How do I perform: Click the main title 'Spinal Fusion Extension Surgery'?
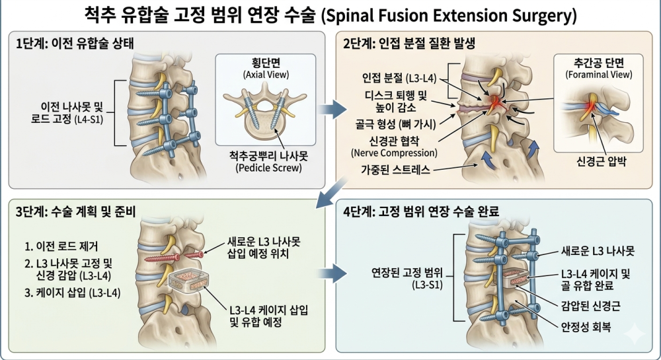pyautogui.click(x=449, y=16)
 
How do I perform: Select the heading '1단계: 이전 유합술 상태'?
pyautogui.click(x=75, y=44)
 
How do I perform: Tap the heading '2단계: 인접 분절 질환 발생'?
pyautogui.click(x=409, y=44)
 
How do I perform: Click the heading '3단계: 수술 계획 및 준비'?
pyautogui.click(x=75, y=211)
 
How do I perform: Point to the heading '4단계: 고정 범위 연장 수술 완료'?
pyautogui.click(x=420, y=211)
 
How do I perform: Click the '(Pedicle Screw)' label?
pyautogui.click(x=268, y=168)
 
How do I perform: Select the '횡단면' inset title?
pyautogui.click(x=266, y=63)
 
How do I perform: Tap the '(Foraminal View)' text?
pyautogui.click(x=599, y=75)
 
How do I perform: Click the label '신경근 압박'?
pyautogui.click(x=601, y=161)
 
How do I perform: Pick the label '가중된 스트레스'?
pyautogui.click(x=395, y=170)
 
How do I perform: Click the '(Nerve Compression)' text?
pyautogui.click(x=394, y=153)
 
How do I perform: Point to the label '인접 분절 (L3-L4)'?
pyautogui.click(x=399, y=78)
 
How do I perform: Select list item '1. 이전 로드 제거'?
pyautogui.click(x=61, y=246)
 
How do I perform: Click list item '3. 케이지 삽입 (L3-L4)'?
pyautogui.click(x=73, y=293)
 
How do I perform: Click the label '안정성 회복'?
pyautogui.click(x=586, y=327)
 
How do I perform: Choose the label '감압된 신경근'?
pyautogui.click(x=590, y=306)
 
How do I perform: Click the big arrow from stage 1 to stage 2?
pyautogui.click(x=332, y=110)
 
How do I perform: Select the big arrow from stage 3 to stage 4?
pyautogui.click(x=332, y=273)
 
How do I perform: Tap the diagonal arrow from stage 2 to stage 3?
pyautogui.click(x=332, y=192)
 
